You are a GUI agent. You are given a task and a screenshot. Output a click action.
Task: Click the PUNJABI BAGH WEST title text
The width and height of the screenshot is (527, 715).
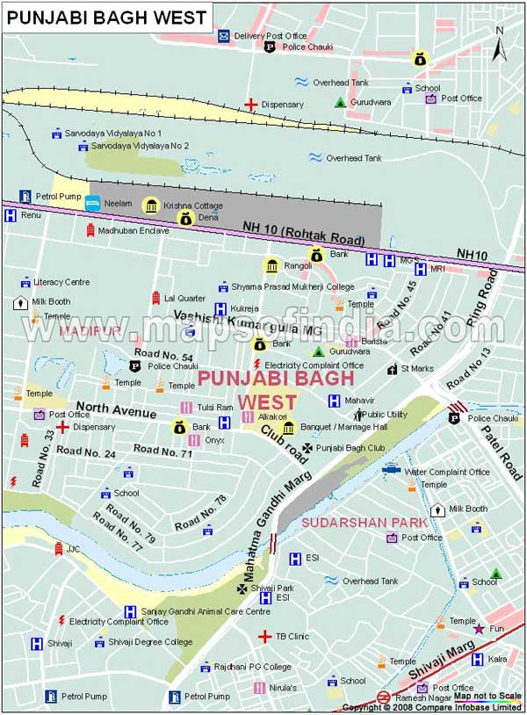pos(107,17)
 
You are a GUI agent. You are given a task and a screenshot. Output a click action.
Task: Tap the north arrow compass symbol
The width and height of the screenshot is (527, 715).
pos(499,44)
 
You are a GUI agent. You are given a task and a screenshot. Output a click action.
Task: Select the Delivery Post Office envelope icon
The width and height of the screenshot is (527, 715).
pos(224,36)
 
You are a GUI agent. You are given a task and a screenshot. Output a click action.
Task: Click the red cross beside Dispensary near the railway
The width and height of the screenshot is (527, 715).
pos(251,105)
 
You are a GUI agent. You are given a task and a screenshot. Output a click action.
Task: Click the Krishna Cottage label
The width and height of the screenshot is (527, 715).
pos(193,206)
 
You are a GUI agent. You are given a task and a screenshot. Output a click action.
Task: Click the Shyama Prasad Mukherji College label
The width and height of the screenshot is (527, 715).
pos(292,286)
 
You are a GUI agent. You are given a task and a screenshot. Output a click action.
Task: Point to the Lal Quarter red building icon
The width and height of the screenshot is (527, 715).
pos(155,298)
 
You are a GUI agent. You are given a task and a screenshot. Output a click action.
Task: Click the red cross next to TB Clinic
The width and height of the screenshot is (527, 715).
pos(263,636)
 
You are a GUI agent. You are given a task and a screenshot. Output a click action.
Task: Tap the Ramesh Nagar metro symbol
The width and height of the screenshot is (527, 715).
pos(383,697)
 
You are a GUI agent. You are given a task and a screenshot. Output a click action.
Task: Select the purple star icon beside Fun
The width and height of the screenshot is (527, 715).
pos(479,629)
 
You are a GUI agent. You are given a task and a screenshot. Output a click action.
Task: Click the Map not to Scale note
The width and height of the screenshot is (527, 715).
pos(487,697)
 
